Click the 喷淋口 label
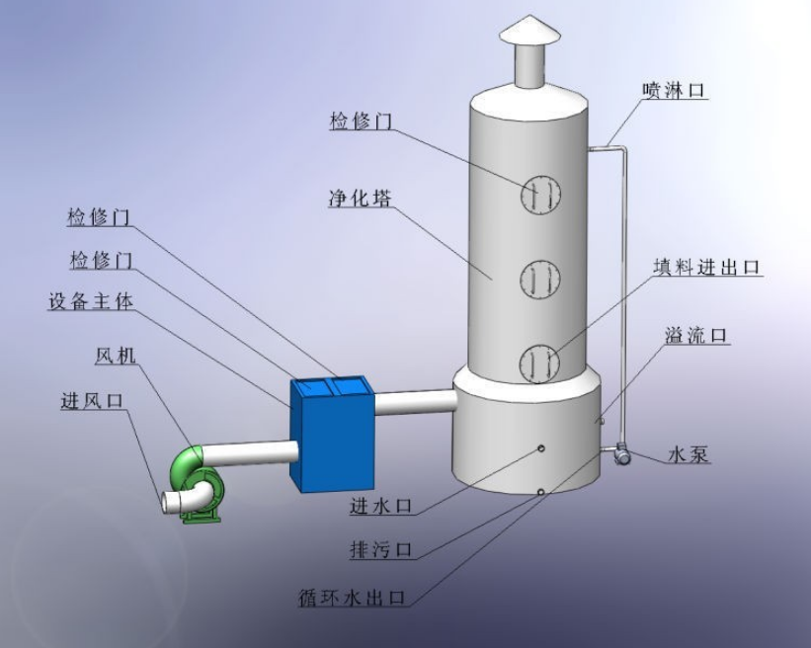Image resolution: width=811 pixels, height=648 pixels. pyautogui.click(x=675, y=91)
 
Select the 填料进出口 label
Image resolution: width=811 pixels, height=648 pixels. pyautogui.click(x=707, y=267)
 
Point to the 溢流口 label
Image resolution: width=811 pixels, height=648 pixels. pyautogui.click(x=696, y=336)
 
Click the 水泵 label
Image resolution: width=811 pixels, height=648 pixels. pyautogui.click(x=689, y=455)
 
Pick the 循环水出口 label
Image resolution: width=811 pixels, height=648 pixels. pyautogui.click(x=354, y=598)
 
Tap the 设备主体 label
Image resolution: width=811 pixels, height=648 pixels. pyautogui.click(x=90, y=300)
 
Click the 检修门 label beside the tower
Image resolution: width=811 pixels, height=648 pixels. pyautogui.click(x=362, y=121)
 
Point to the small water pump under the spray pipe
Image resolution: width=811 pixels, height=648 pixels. pyautogui.click(x=622, y=454)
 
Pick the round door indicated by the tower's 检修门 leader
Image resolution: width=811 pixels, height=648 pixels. pyautogui.click(x=540, y=193)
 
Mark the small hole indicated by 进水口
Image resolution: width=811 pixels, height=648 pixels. pyautogui.click(x=542, y=449)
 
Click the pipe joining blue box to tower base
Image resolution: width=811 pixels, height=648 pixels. pyautogui.click(x=415, y=402)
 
